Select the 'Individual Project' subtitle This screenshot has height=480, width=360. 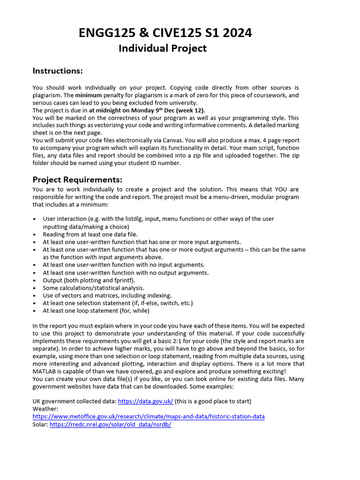(162, 48)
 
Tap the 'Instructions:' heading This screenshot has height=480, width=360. (57, 71)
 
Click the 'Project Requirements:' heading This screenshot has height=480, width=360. (77, 180)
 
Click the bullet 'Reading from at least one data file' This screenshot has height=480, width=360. (90, 234)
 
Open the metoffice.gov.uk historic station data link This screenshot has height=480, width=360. (148, 416)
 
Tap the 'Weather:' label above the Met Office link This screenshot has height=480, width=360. (45, 409)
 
